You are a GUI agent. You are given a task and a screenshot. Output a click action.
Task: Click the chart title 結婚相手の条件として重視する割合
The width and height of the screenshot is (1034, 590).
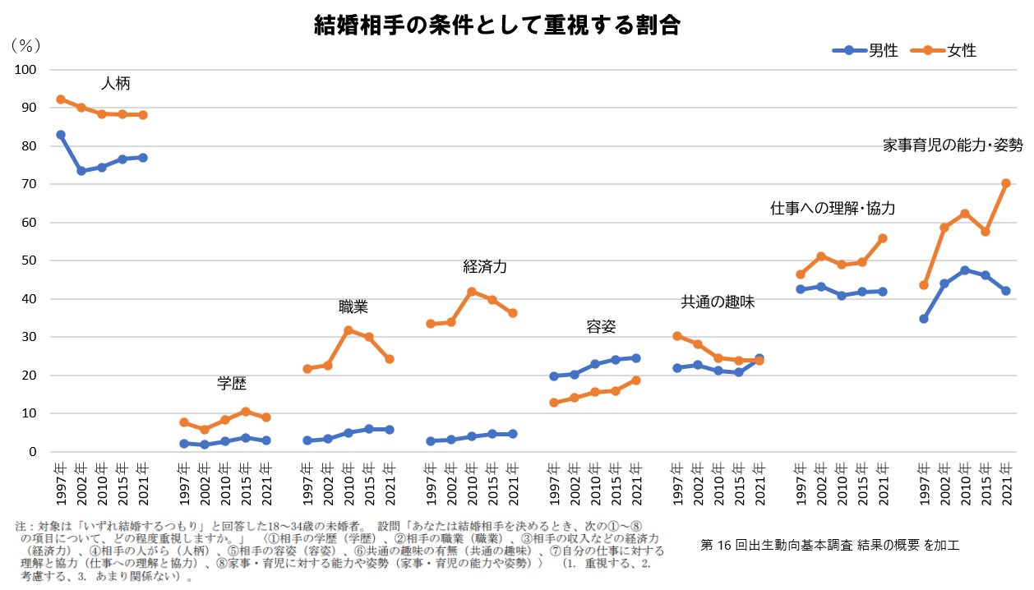pyautogui.click(x=497, y=25)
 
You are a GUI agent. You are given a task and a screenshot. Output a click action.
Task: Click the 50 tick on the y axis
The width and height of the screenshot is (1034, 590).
pyautogui.click(x=30, y=260)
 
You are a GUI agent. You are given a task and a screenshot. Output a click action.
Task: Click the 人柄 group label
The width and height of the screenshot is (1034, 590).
pyautogui.click(x=115, y=84)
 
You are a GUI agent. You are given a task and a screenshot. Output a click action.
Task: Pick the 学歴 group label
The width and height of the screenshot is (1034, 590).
pyautogui.click(x=232, y=383)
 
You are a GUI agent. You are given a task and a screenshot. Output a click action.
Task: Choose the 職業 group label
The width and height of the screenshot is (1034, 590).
pyautogui.click(x=353, y=307)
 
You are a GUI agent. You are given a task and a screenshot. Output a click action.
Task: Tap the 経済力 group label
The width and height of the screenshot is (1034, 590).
pyautogui.click(x=485, y=266)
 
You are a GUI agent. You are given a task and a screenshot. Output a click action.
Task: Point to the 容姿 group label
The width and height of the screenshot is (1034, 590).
pyautogui.click(x=601, y=327)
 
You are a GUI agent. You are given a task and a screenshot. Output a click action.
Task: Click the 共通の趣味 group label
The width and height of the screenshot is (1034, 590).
pyautogui.click(x=718, y=302)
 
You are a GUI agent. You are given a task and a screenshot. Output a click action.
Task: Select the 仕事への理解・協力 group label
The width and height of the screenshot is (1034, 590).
pyautogui.click(x=833, y=209)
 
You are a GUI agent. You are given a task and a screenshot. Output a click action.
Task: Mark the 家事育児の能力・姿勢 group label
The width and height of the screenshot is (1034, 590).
pyautogui.click(x=953, y=145)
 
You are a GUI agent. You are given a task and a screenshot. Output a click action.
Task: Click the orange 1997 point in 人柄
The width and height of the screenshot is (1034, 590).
pyautogui.click(x=61, y=99)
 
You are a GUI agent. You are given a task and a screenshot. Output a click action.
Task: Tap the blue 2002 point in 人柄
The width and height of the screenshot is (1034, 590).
pyautogui.click(x=81, y=171)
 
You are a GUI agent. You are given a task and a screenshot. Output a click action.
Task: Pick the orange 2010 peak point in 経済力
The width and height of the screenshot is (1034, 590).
pyautogui.click(x=472, y=292)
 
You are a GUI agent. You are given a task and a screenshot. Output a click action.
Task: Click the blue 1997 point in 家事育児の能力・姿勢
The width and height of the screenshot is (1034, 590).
pyautogui.click(x=924, y=319)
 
